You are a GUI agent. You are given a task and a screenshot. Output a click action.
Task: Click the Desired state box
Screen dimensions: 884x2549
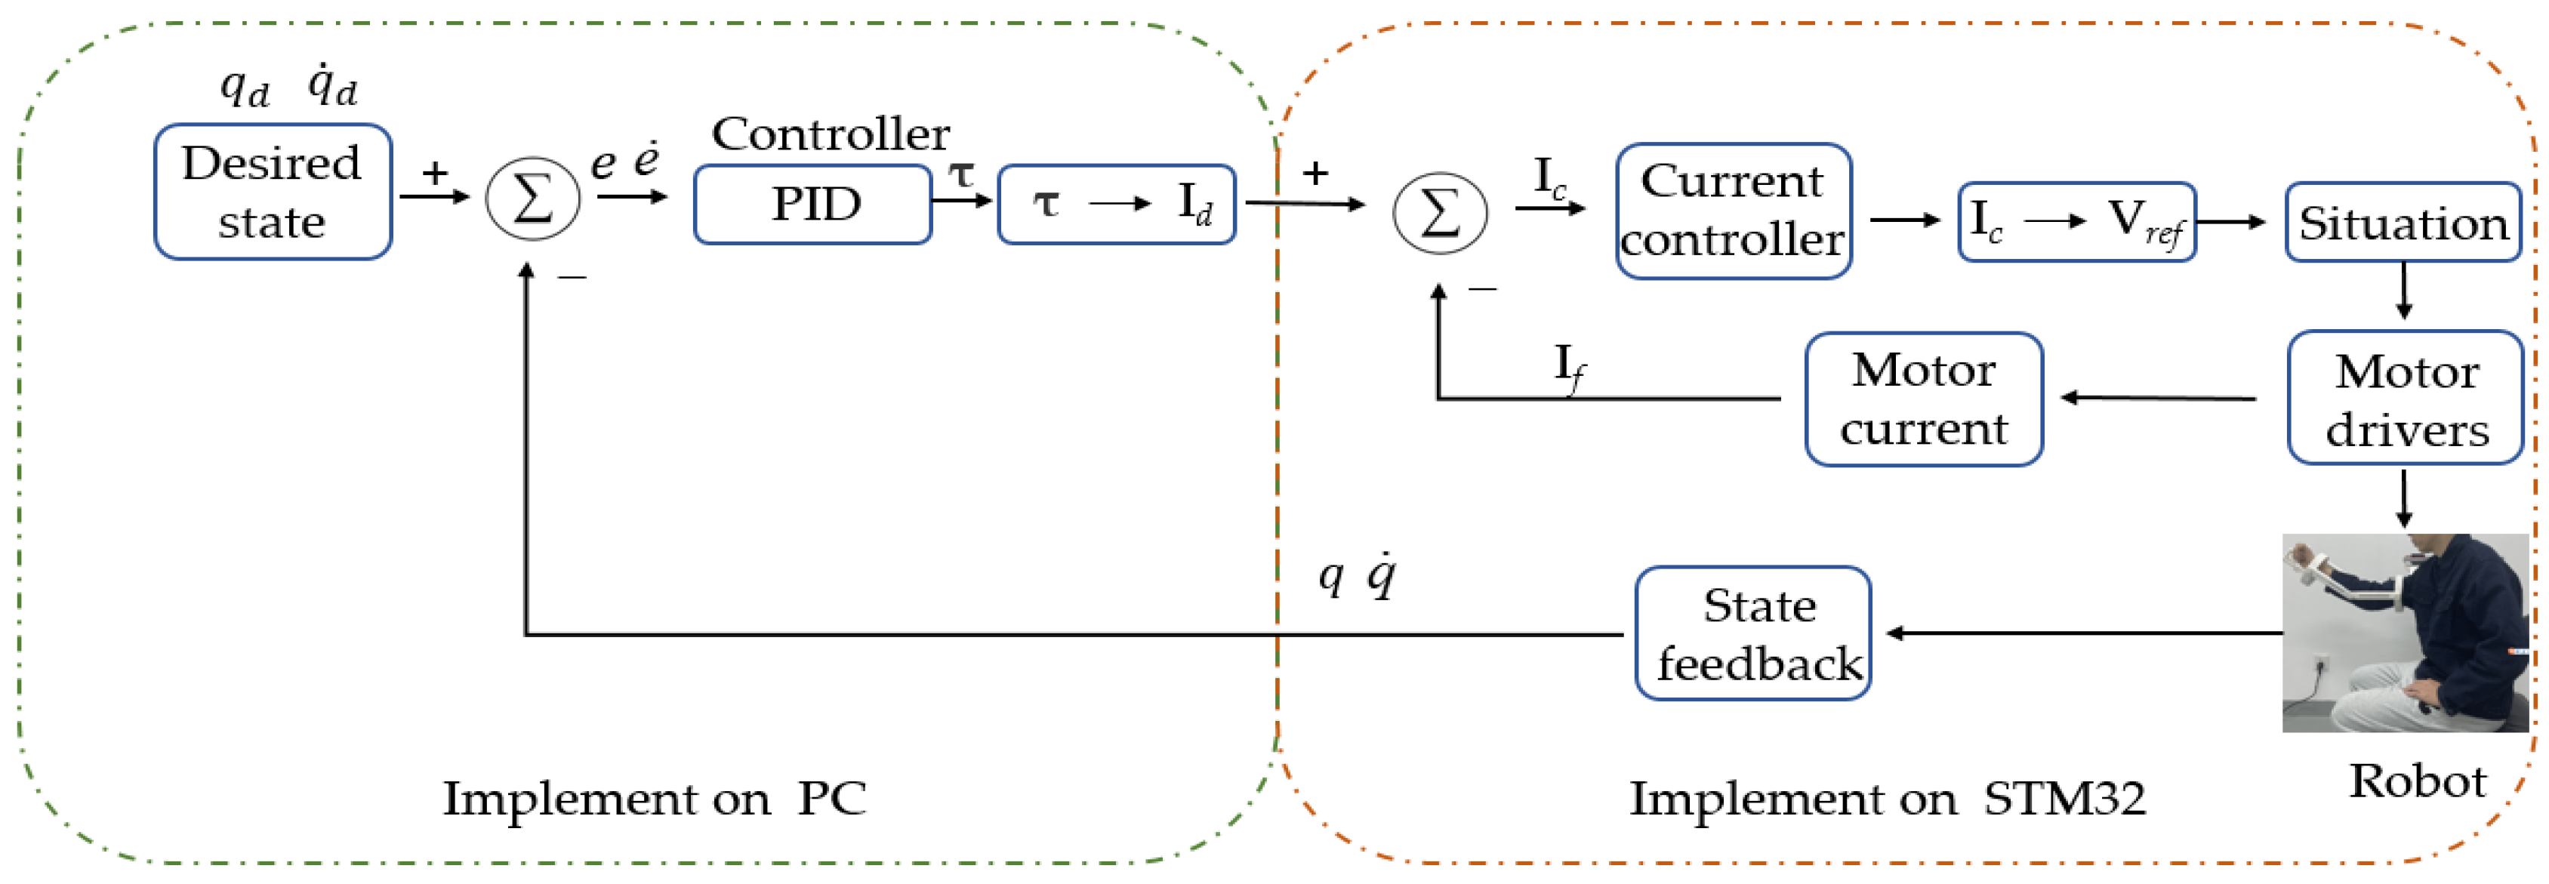tap(272, 192)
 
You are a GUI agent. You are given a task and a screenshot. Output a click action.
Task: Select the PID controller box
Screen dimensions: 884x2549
tap(812, 205)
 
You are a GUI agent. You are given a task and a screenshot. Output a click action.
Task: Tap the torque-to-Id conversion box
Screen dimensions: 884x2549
tap(1116, 205)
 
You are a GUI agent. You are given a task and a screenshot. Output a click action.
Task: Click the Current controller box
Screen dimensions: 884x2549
tap(1733, 211)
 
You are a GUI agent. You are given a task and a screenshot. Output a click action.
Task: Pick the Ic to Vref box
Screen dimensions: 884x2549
tap(2076, 221)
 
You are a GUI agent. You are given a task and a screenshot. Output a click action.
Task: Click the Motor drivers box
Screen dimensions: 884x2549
tap(2406, 399)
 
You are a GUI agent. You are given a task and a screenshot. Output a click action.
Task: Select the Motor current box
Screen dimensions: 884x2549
tap(1924, 399)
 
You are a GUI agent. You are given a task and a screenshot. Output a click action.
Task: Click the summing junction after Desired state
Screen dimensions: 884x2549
tap(532, 198)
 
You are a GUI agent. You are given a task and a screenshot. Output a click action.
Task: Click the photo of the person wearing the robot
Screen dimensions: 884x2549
tap(2405, 633)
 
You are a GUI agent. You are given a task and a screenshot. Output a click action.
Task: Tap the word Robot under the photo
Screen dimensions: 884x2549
tap(2416, 781)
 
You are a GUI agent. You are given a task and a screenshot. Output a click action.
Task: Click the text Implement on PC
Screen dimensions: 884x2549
tap(653, 798)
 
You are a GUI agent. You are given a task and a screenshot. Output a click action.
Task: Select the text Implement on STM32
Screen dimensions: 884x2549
tap(1887, 798)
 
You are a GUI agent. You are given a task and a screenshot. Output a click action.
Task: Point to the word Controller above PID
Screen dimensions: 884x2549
tap(831, 134)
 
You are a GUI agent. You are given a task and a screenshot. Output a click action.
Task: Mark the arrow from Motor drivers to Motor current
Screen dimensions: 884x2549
tap(2157, 399)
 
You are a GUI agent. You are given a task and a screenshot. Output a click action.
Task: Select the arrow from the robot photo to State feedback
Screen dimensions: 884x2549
tap(2078, 633)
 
